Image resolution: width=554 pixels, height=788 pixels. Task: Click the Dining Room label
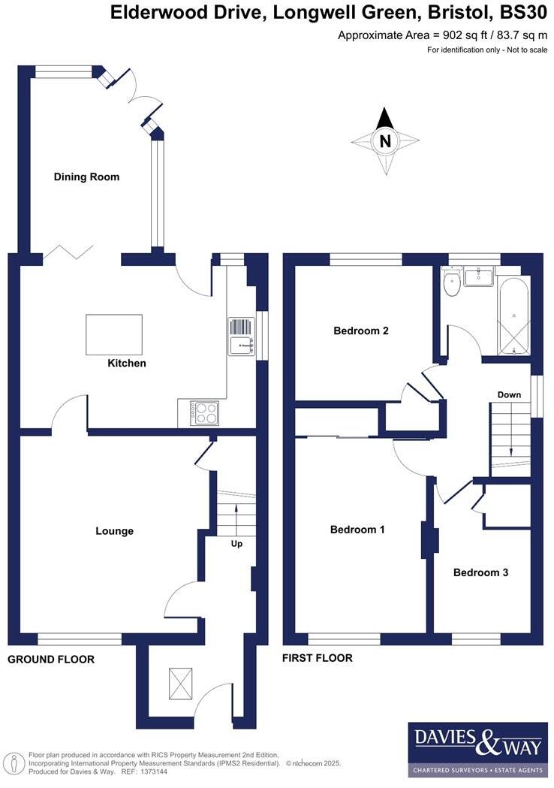click(86, 177)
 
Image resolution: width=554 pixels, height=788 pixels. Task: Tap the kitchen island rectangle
click(114, 334)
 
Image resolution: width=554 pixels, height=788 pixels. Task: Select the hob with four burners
click(206, 413)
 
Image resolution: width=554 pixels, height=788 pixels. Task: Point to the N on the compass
click(385, 140)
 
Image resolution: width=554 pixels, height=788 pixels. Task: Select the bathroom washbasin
click(478, 277)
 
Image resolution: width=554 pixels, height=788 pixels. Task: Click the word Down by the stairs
click(509, 395)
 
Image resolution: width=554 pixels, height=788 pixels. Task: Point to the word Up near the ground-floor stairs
click(236, 544)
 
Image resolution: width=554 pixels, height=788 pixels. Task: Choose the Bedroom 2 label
click(361, 331)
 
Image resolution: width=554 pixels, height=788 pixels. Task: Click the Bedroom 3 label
click(480, 572)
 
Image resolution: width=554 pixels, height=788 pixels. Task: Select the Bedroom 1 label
click(357, 530)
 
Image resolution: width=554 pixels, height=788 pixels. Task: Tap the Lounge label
click(114, 531)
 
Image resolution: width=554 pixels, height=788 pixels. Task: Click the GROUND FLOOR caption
click(51, 660)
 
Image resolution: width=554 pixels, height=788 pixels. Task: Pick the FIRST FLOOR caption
click(318, 658)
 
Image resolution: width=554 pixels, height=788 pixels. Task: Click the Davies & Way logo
click(477, 749)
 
